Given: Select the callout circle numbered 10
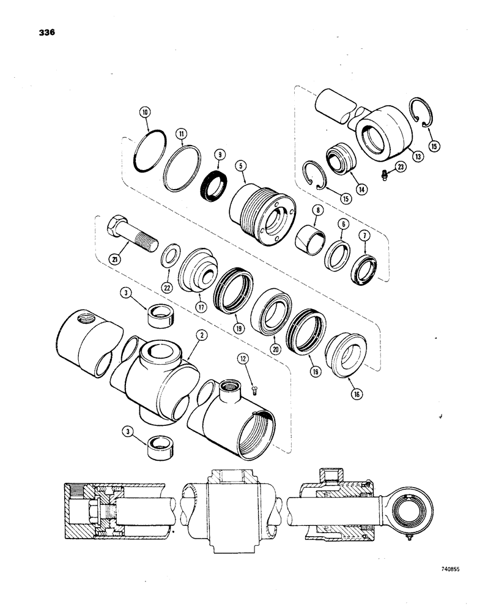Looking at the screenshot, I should point(145,113).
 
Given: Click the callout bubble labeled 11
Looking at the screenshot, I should point(182,133).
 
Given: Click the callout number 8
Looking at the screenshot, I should point(316,210).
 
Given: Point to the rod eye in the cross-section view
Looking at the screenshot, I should point(404,506).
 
